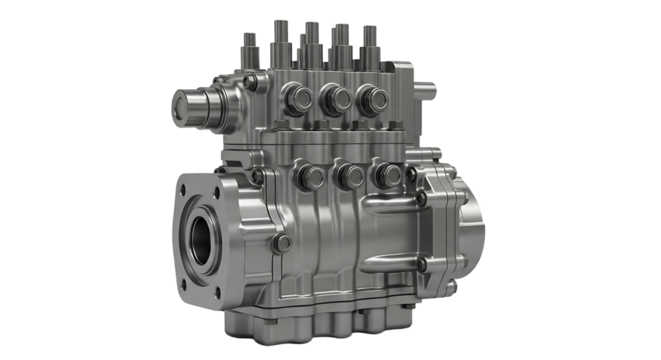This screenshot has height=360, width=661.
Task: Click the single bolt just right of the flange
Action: [x=284, y=243]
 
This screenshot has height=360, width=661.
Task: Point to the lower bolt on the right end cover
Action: [x=423, y=264]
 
